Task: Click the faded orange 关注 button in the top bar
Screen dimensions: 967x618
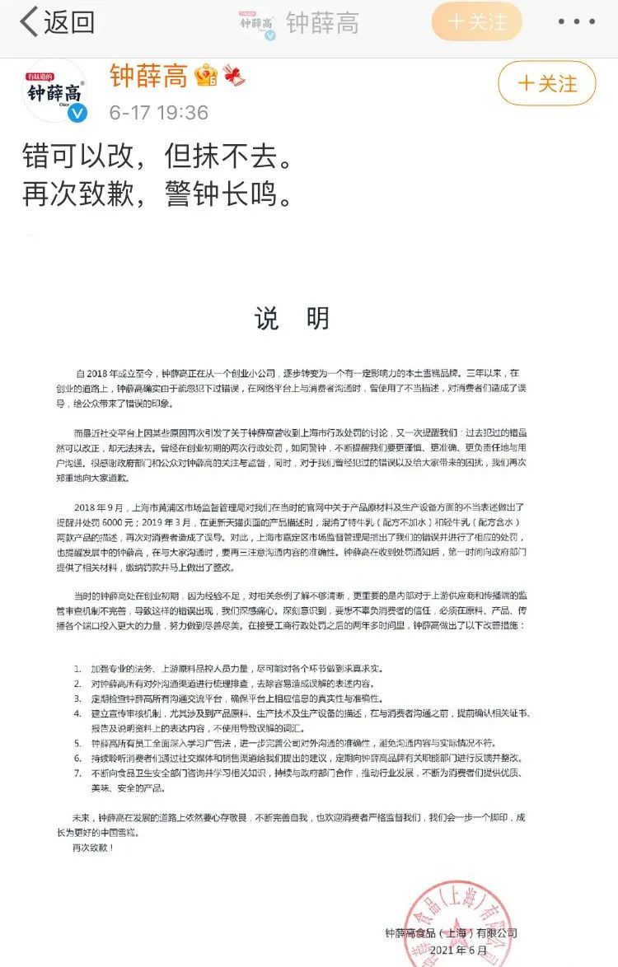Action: coord(476,22)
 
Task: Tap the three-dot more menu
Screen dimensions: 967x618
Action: coord(576,22)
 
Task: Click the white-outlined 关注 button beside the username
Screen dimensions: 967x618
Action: coord(547,83)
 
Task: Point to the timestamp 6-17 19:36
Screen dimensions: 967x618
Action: coord(158,113)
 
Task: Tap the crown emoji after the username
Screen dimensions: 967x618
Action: coord(206,77)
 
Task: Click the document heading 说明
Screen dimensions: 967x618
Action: coord(292,319)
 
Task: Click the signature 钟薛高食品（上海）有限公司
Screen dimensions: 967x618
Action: coord(450,933)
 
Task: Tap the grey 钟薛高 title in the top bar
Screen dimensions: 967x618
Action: coord(322,22)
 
